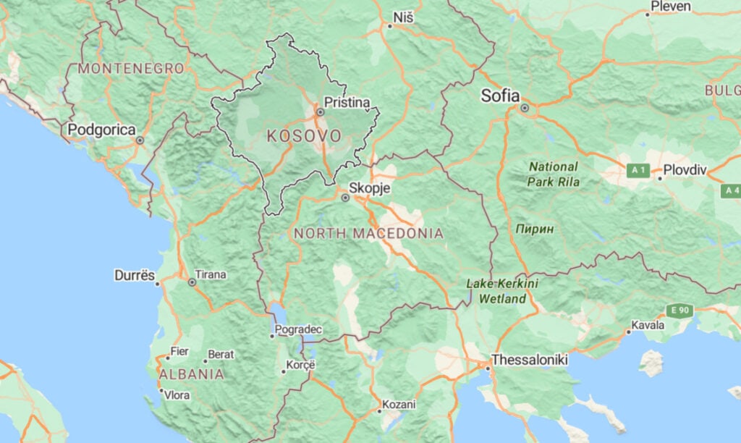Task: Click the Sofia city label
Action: point(501,96)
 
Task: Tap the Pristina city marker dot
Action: point(320,112)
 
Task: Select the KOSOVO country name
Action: point(304,135)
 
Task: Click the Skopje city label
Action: point(370,188)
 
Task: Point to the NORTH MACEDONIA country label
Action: point(368,234)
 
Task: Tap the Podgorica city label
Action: point(101,130)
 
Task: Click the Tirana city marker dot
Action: point(192,282)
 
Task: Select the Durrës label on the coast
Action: point(135,276)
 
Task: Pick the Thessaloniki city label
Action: point(530,360)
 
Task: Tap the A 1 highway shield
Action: point(638,171)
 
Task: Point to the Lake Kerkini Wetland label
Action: point(502,291)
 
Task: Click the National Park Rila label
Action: point(553,174)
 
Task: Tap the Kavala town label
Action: point(648,325)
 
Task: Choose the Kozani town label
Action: point(399,405)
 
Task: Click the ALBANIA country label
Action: point(191,374)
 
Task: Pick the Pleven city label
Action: point(671,7)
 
